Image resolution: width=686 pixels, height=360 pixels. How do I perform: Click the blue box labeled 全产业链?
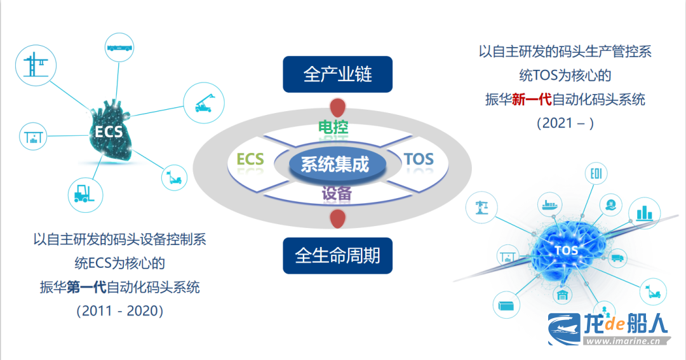(x=337, y=74)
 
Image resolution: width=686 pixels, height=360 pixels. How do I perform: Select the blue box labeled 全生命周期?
(x=337, y=255)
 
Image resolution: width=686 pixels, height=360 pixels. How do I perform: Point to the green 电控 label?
(x=333, y=127)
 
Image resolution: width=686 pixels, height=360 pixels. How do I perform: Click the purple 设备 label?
(x=337, y=193)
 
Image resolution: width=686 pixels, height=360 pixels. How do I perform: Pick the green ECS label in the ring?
(x=250, y=159)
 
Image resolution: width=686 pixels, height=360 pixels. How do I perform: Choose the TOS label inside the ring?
(x=419, y=159)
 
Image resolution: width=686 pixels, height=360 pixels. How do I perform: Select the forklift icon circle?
(x=85, y=195)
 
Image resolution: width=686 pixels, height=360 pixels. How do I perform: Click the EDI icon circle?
(x=596, y=174)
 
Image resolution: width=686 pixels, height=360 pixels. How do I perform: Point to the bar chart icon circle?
(x=645, y=213)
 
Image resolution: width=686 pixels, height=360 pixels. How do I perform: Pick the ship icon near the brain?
(x=550, y=204)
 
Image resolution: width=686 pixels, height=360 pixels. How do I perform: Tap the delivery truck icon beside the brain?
(x=617, y=258)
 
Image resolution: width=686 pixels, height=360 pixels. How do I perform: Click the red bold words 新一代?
(x=532, y=99)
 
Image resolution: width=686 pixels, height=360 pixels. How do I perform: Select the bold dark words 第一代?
(x=86, y=287)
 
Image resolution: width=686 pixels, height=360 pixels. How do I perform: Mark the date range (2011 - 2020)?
(x=120, y=311)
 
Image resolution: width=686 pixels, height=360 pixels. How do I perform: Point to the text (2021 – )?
(x=565, y=123)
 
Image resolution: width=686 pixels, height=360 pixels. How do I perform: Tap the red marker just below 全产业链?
(x=337, y=108)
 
